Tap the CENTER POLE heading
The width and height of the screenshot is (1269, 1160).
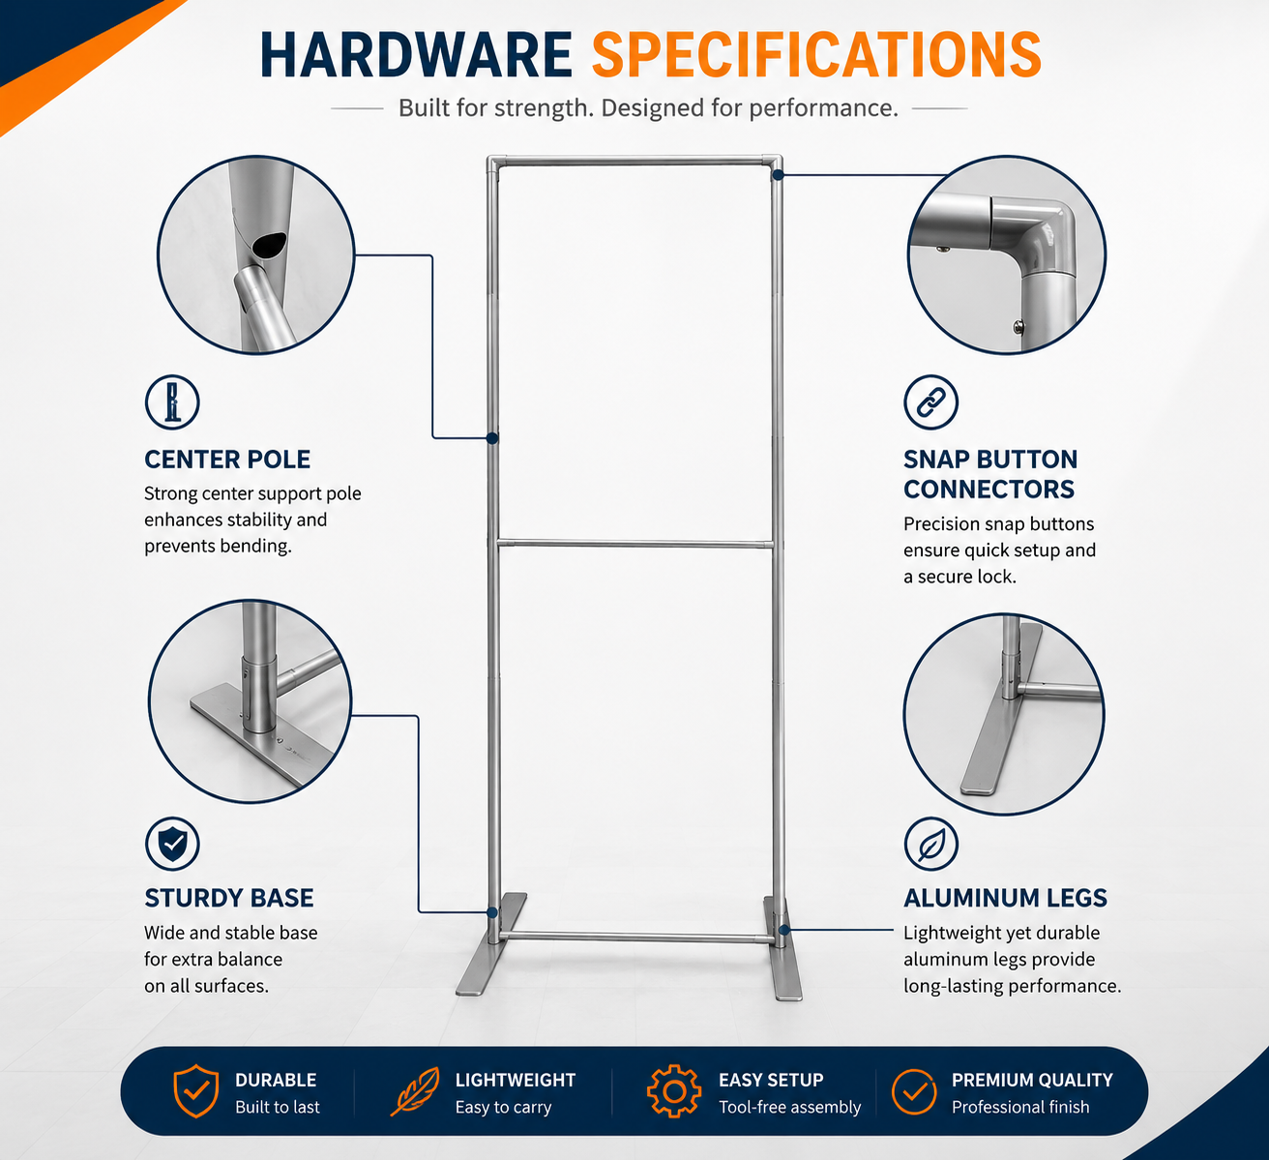click(x=227, y=460)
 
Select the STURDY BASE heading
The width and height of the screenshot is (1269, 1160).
click(x=229, y=898)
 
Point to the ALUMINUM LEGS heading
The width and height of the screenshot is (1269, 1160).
click(x=1005, y=898)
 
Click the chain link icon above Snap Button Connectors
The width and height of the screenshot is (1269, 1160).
click(x=930, y=402)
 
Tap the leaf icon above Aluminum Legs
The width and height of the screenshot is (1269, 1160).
click(x=930, y=845)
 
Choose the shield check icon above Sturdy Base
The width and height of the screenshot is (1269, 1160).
click(x=172, y=845)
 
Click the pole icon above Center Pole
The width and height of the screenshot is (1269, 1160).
click(x=172, y=402)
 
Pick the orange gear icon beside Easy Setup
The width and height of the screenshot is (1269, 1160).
click(x=674, y=1090)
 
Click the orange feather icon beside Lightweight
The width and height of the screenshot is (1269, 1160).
click(x=415, y=1091)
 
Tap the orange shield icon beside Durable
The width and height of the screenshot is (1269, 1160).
click(x=196, y=1091)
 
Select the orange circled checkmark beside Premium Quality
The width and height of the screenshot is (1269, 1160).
click(x=913, y=1091)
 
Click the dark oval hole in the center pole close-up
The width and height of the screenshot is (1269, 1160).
click(x=269, y=244)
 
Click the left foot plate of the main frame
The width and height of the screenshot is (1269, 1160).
click(x=491, y=945)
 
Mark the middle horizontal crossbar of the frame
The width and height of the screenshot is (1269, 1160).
click(x=635, y=544)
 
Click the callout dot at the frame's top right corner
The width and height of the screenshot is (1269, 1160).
click(x=778, y=175)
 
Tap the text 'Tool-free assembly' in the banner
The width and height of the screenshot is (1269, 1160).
click(x=789, y=1107)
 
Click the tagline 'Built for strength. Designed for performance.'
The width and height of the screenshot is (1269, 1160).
click(x=648, y=108)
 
